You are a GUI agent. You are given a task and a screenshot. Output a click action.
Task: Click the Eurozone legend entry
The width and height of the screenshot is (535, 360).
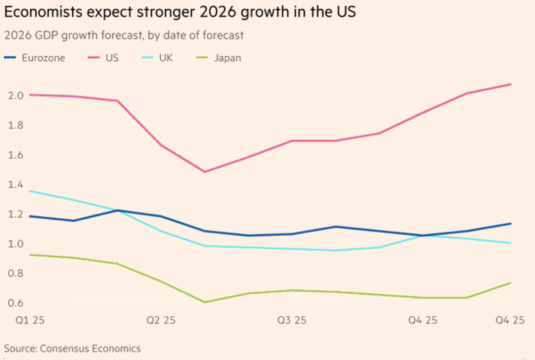pyautogui.click(x=43, y=58)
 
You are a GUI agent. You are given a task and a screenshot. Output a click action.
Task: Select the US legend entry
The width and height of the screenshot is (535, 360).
pyautogui.click(x=111, y=58)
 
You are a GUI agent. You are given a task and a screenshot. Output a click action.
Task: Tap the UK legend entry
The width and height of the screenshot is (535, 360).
pyautogui.click(x=166, y=58)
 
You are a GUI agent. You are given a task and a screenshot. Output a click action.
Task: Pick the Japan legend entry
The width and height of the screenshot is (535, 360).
pyautogui.click(x=228, y=58)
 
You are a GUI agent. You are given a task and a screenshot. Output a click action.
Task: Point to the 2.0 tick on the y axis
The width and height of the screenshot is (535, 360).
pyautogui.click(x=16, y=95)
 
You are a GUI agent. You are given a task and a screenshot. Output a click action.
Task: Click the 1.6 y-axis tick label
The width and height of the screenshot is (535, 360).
pyautogui.click(x=16, y=155)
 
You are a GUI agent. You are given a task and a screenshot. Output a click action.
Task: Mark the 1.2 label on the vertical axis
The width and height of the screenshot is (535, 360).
pyautogui.click(x=16, y=214)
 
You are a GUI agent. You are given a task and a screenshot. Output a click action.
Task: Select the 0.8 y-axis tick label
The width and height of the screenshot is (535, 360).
pyautogui.click(x=16, y=273)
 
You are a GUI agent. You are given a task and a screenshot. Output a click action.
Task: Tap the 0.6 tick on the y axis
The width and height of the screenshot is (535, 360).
pyautogui.click(x=16, y=303)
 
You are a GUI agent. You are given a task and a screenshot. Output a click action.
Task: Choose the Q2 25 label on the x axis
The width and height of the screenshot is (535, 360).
pyautogui.click(x=161, y=320)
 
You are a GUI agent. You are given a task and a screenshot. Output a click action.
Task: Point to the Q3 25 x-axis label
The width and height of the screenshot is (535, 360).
pyautogui.click(x=292, y=320)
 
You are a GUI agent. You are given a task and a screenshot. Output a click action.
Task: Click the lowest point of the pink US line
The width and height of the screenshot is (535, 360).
pyautogui.click(x=205, y=172)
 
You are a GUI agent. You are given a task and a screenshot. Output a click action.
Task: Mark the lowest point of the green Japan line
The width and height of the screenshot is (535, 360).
pyautogui.click(x=205, y=302)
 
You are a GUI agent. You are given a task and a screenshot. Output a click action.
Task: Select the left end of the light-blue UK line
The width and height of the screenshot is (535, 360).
pyautogui.click(x=30, y=191)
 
